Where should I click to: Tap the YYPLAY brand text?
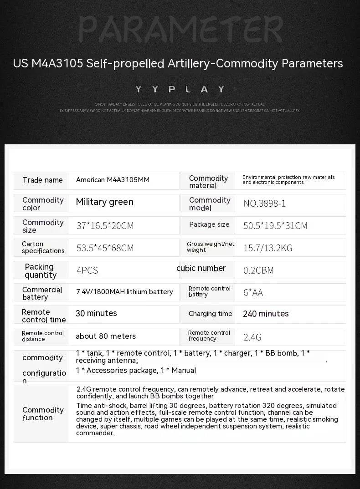pyautogui.click(x=180, y=89)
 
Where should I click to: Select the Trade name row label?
pyautogui.click(x=42, y=180)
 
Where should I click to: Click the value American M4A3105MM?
pyautogui.click(x=113, y=180)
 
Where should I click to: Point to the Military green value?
pyautogui.click(x=104, y=202)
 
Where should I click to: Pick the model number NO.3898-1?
pyautogui.click(x=265, y=203)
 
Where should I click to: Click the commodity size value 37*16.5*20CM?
pyautogui.click(x=105, y=225)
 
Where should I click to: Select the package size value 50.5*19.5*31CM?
pyautogui.click(x=275, y=225)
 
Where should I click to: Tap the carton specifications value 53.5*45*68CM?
pyautogui.click(x=105, y=248)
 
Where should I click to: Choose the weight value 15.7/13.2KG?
pyautogui.click(x=267, y=248)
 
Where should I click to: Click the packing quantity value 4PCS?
pyautogui.click(x=87, y=270)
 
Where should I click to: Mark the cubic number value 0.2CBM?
pyautogui.click(x=258, y=270)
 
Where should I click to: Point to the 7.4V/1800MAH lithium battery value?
pyautogui.click(x=124, y=292)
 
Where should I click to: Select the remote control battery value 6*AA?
pyautogui.click(x=253, y=293)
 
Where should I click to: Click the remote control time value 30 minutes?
pyautogui.click(x=96, y=313)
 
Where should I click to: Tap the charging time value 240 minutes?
pyautogui.click(x=266, y=314)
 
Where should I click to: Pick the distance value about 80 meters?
pyautogui.click(x=106, y=336)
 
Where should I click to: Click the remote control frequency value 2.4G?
pyautogui.click(x=252, y=337)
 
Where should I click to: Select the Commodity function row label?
pyautogui.click(x=43, y=414)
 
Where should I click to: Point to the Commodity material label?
pyautogui.click(x=208, y=182)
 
